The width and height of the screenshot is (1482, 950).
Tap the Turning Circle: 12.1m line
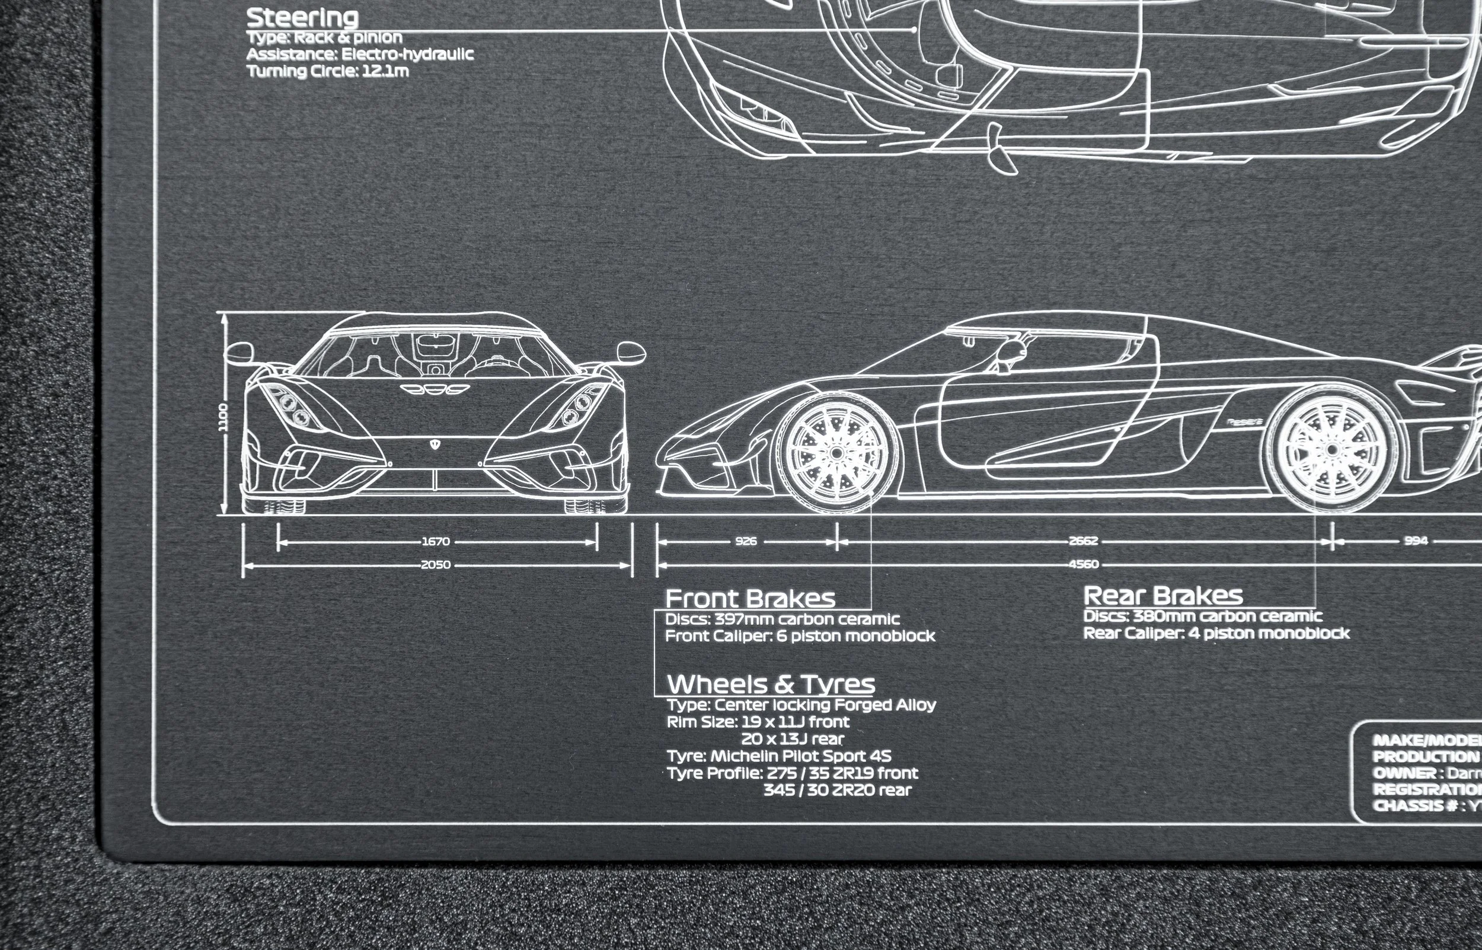click(x=328, y=71)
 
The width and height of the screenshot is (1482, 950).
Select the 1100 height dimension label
click(x=223, y=417)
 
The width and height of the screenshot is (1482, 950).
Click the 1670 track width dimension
click(x=436, y=542)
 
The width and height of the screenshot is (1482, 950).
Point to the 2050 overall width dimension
click(x=436, y=564)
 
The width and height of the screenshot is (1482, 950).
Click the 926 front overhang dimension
click(x=746, y=542)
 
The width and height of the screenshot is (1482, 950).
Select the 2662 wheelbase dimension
click(x=1083, y=542)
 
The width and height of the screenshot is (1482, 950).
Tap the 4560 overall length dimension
click(x=1083, y=564)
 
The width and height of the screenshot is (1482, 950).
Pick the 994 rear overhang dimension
click(x=1416, y=541)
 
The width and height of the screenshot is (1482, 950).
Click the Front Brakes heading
click(x=750, y=599)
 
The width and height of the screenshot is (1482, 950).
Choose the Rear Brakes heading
click(x=1163, y=595)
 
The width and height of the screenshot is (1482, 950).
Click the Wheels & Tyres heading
click(x=771, y=684)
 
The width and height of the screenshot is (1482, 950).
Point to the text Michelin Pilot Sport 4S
click(x=801, y=756)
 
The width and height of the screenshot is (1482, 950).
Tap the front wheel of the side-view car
click(x=836, y=453)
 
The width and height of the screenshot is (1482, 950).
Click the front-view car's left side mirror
click(x=239, y=353)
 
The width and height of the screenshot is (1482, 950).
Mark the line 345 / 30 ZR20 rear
click(x=837, y=790)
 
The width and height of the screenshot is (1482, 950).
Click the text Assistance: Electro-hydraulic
click(x=360, y=55)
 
